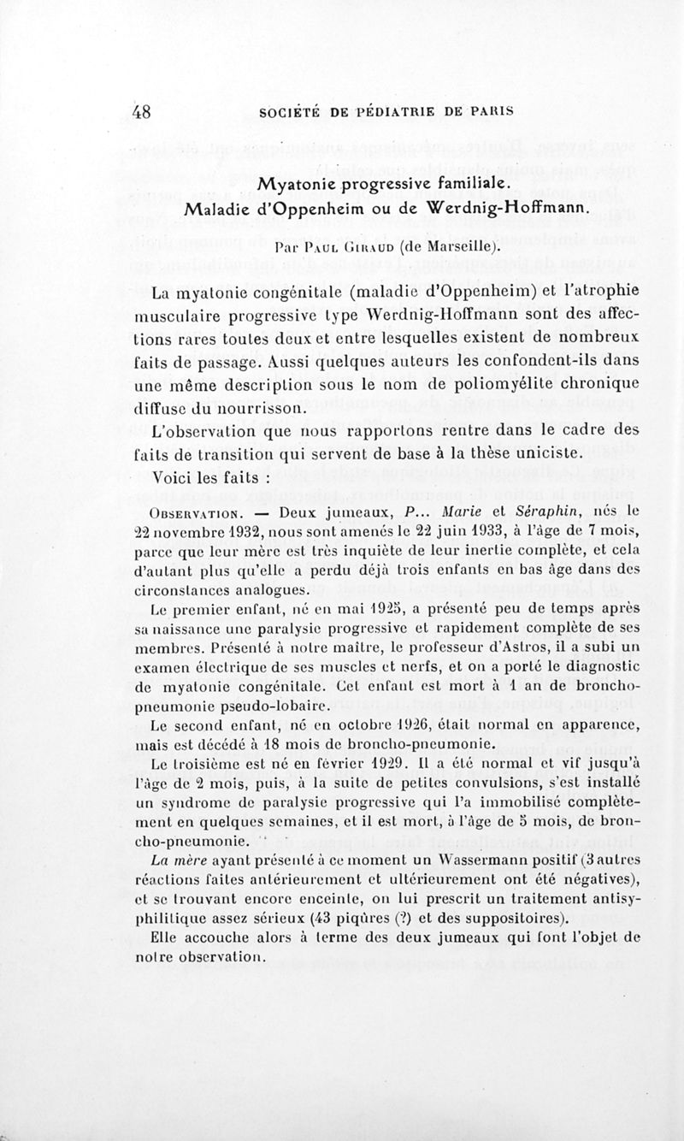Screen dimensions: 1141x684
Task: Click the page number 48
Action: (x=142, y=110)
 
